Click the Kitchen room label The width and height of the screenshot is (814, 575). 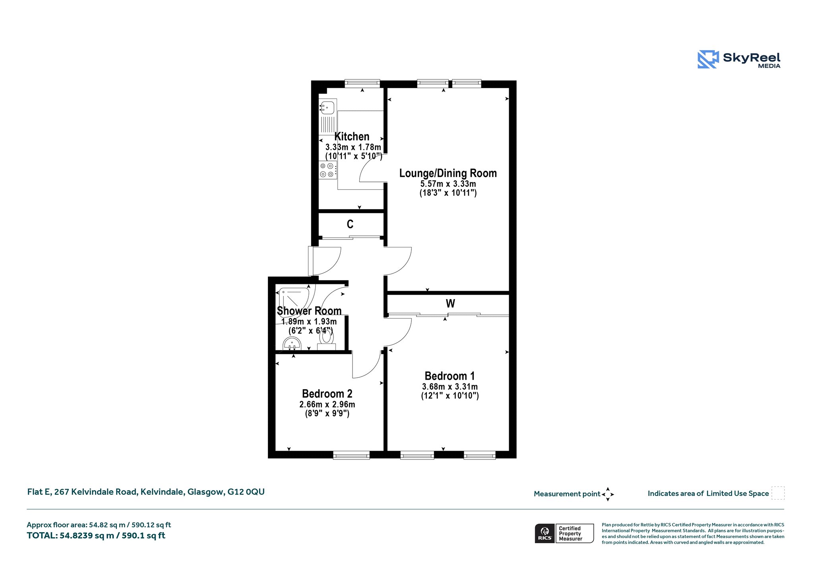[x=352, y=137]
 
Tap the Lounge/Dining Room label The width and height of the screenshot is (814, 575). [x=448, y=173]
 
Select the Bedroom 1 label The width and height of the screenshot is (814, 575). [x=450, y=376]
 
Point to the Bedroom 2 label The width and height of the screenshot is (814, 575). [x=327, y=394]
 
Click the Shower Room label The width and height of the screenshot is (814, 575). [x=309, y=311]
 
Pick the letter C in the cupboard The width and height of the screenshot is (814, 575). [x=350, y=224]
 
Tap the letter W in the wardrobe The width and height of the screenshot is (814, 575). [x=450, y=303]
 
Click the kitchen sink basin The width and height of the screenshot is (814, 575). [x=327, y=108]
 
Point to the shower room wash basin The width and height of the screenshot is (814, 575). [x=292, y=344]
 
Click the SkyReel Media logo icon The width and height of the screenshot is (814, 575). [x=708, y=60]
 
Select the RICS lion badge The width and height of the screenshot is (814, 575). [x=545, y=533]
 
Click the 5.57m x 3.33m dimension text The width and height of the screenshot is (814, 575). [x=448, y=184]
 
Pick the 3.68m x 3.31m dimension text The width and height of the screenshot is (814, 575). [x=450, y=387]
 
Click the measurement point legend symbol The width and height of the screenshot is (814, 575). [x=608, y=494]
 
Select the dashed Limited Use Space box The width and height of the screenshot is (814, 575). [x=778, y=493]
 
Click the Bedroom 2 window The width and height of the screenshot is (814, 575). [x=351, y=455]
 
